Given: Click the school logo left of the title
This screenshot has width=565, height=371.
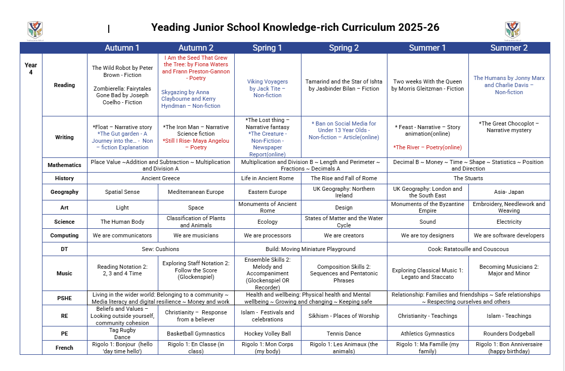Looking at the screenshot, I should pyautogui.click(x=35, y=30).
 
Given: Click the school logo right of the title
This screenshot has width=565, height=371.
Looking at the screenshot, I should pyautogui.click(x=512, y=30).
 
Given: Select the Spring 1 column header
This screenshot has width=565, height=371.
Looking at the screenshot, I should pyautogui.click(x=267, y=48).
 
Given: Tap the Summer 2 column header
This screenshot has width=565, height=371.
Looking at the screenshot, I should pyautogui.click(x=509, y=48).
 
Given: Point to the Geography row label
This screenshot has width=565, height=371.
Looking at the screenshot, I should pyautogui.click(x=64, y=192).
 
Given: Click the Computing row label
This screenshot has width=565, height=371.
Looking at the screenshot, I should pyautogui.click(x=64, y=235).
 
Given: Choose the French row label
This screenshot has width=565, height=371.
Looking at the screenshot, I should pyautogui.click(x=64, y=348).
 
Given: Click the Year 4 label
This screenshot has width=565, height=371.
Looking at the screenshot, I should pyautogui.click(x=31, y=68).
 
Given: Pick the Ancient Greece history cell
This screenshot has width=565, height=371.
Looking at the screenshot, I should pyautogui.click(x=160, y=178).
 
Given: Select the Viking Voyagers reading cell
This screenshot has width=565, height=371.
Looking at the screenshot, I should pyautogui.click(x=268, y=88).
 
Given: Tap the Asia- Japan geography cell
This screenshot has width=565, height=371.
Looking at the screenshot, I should pyautogui.click(x=509, y=192).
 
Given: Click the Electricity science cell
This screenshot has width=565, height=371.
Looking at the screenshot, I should pyautogui.click(x=509, y=222).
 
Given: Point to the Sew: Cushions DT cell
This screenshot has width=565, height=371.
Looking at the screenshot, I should pyautogui.click(x=160, y=249).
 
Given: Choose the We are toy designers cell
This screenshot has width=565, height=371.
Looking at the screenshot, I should pyautogui.click(x=427, y=235).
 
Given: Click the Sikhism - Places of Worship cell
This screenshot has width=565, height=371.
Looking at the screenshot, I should pyautogui.click(x=344, y=316).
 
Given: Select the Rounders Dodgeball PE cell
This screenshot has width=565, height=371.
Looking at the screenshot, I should pyautogui.click(x=509, y=334).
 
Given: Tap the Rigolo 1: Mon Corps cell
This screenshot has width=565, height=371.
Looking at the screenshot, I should pyautogui.click(x=268, y=348).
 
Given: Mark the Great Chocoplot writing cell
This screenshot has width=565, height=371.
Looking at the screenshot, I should pyautogui.click(x=509, y=127).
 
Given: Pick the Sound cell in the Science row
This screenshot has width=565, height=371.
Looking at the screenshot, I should pyautogui.click(x=427, y=222).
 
